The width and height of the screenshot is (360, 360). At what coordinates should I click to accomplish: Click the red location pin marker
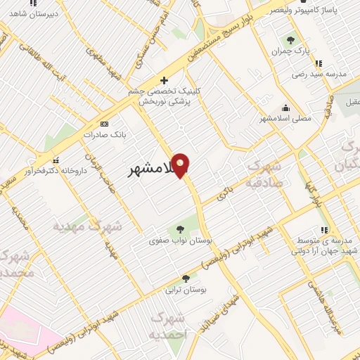point(181,164)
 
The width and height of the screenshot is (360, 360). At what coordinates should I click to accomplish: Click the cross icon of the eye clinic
point(165,80)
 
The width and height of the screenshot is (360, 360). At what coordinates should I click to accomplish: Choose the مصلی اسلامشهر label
point(285,119)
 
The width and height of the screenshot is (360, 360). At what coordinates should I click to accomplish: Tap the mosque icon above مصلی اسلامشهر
point(285,108)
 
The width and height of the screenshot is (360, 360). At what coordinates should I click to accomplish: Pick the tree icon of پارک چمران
point(290,39)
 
